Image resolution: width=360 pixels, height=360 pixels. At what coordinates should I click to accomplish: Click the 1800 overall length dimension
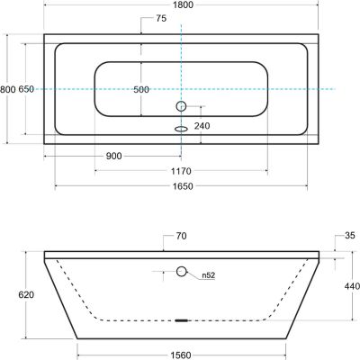coord(183,5)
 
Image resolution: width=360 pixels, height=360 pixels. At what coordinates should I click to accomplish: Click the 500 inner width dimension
coord(142,89)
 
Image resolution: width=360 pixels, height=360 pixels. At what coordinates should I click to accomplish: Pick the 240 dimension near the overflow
coord(203,126)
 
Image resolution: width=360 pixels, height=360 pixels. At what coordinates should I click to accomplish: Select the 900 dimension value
coord(113,157)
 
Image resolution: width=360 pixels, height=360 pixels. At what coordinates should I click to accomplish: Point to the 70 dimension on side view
coord(180,238)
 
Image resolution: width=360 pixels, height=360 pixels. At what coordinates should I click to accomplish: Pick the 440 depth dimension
coord(352,286)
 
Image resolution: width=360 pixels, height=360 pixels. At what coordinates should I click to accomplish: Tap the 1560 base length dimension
coord(183,355)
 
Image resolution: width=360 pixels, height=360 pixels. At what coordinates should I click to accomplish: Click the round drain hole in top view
coord(181,106)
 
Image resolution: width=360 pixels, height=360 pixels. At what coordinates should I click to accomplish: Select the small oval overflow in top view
coord(181,126)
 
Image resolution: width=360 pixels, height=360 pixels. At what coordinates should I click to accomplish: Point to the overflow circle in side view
coord(182,271)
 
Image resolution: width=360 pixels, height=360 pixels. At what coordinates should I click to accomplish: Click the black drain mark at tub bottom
coord(182,319)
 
